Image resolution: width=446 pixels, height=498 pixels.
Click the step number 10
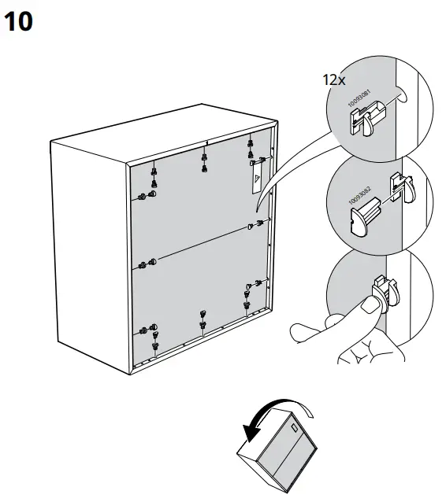(x=19, y=22)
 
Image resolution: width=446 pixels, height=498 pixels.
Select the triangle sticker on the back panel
(x=256, y=179)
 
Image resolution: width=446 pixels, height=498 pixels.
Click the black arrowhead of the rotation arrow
(x=251, y=433)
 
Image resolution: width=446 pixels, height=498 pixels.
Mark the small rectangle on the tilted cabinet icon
(x=293, y=430)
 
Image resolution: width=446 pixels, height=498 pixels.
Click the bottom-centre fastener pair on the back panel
(x=203, y=318)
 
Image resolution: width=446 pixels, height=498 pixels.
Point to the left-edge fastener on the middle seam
(x=147, y=264)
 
